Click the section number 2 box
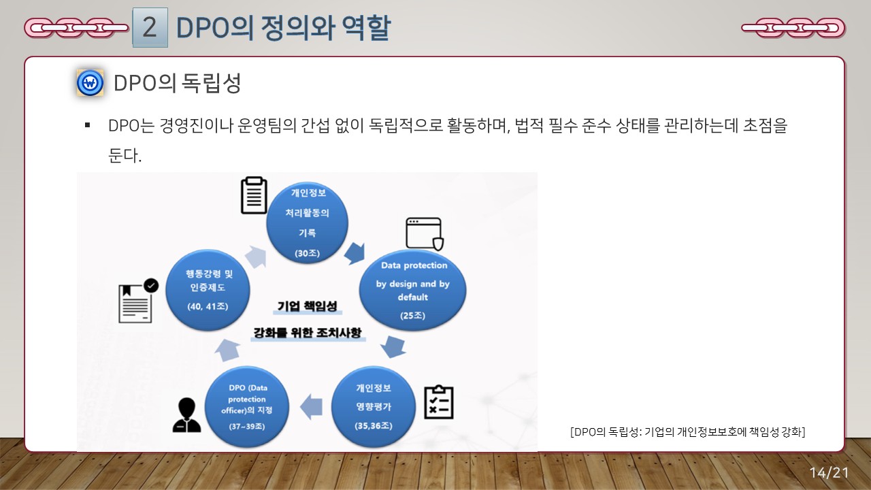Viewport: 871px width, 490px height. click(150, 28)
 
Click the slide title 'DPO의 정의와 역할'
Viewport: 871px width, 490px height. click(282, 28)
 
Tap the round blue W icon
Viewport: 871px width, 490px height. click(90, 84)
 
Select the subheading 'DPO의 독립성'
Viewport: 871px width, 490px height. click(177, 84)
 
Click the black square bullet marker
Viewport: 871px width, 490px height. click(87, 126)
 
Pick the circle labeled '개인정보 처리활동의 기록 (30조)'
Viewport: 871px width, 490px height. click(307, 223)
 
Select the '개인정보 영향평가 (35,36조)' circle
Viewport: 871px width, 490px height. click(373, 407)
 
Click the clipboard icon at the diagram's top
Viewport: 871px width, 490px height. click(254, 195)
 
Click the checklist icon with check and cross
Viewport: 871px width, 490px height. click(438, 402)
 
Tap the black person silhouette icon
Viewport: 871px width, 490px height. click(186, 415)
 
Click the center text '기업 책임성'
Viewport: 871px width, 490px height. click(308, 306)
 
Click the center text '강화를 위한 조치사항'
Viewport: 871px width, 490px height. click(307, 333)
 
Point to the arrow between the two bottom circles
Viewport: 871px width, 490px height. click(312, 406)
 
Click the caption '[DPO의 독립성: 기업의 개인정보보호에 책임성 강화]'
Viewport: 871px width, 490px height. click(688, 431)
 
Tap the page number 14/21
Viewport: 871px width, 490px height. click(829, 472)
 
